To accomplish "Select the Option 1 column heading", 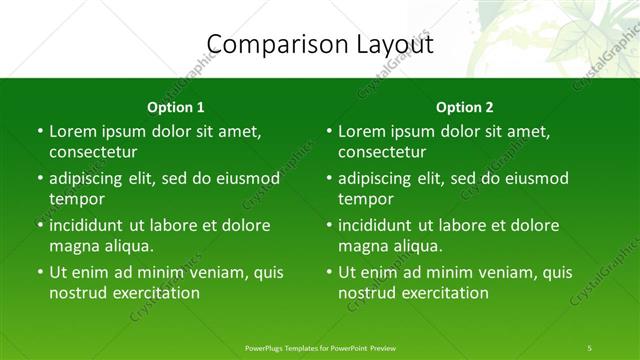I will pos(176,107).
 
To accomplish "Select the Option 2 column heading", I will pos(465,107).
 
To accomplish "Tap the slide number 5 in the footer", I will pos(590,347).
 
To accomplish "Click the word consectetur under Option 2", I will pos(382,152).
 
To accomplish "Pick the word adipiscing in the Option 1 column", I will pos(88,179).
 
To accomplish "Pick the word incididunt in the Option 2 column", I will pos(378,226).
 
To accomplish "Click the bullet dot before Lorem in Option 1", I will pos(39,132).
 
